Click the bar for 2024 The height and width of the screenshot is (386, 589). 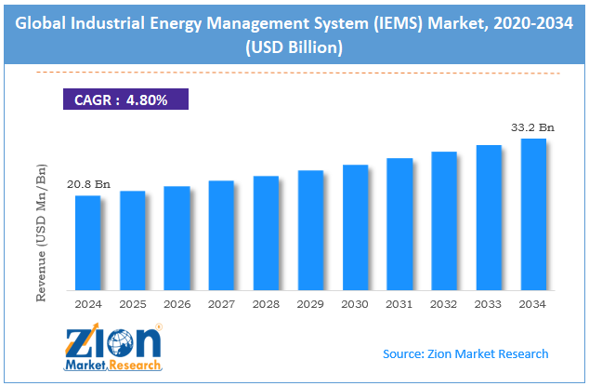87,242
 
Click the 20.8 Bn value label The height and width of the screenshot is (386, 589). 88,185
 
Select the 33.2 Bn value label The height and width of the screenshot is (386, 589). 532,128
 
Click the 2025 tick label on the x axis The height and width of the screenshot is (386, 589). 132,303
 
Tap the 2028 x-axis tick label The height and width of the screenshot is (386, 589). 266,303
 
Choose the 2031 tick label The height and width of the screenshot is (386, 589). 399,303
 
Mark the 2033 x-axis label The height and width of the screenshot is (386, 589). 489,303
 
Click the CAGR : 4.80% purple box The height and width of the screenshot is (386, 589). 124,100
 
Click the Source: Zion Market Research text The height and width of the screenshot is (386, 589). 465,353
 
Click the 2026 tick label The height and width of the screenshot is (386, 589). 177,303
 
